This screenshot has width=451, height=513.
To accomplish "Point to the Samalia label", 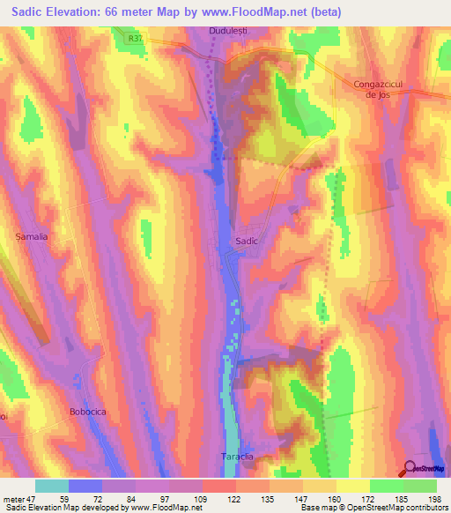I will [31, 237].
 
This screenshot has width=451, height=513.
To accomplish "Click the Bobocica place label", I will [87, 412].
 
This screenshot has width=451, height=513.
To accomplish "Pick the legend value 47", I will [33, 498].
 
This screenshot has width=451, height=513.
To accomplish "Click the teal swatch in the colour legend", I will [52, 486].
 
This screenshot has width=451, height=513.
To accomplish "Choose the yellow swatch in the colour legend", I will [353, 486].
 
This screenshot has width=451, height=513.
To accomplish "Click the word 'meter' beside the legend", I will [13, 498].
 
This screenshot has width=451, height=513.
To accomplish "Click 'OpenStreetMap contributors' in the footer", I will [383, 508].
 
